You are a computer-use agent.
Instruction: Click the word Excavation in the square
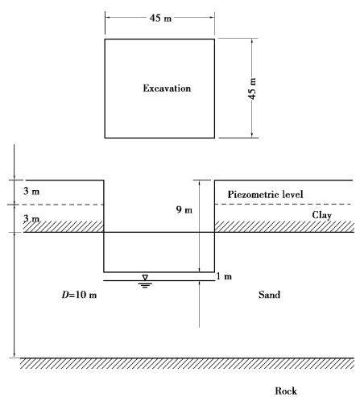click(x=167, y=89)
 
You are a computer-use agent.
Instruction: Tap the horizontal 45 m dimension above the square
click(x=160, y=18)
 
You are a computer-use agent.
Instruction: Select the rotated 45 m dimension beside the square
click(x=252, y=89)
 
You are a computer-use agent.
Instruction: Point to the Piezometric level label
click(x=266, y=194)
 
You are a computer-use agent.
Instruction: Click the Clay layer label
click(x=321, y=215)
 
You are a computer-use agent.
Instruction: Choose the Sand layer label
click(x=269, y=295)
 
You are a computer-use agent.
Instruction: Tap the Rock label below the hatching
click(x=286, y=391)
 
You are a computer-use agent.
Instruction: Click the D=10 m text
click(x=79, y=295)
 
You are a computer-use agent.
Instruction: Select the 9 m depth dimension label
click(x=184, y=209)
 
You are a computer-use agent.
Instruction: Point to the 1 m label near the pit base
click(x=224, y=276)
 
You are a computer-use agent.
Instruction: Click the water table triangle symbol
click(x=145, y=277)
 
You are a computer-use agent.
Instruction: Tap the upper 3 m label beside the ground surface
click(x=31, y=191)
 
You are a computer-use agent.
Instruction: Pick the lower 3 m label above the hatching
click(x=31, y=219)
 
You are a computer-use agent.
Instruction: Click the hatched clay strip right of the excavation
click(x=284, y=226)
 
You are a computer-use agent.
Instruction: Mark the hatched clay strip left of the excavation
click(x=64, y=226)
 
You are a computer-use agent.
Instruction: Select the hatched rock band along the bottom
click(x=187, y=363)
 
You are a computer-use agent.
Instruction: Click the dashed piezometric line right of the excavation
click(x=283, y=205)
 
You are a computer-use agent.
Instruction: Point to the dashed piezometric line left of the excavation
click(x=56, y=205)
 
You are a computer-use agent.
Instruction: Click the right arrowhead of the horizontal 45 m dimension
click(x=212, y=18)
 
